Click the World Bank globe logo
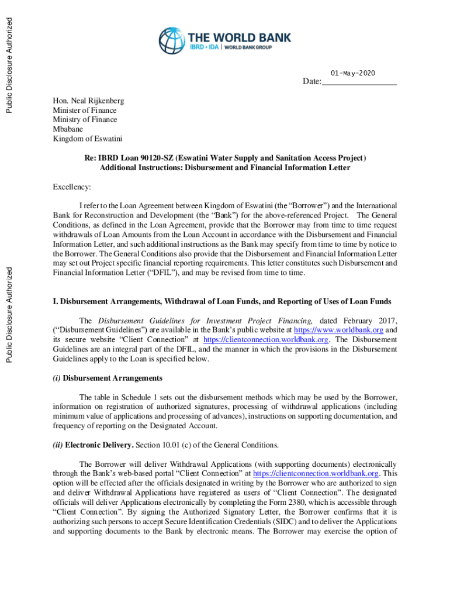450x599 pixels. [x=171, y=41]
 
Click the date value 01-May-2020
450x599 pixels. [x=352, y=73]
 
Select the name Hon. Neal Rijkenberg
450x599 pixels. [x=88, y=101]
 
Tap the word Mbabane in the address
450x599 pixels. [x=68, y=129]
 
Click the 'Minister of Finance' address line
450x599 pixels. [x=84, y=110]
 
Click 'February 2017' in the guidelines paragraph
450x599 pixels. [x=369, y=321]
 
